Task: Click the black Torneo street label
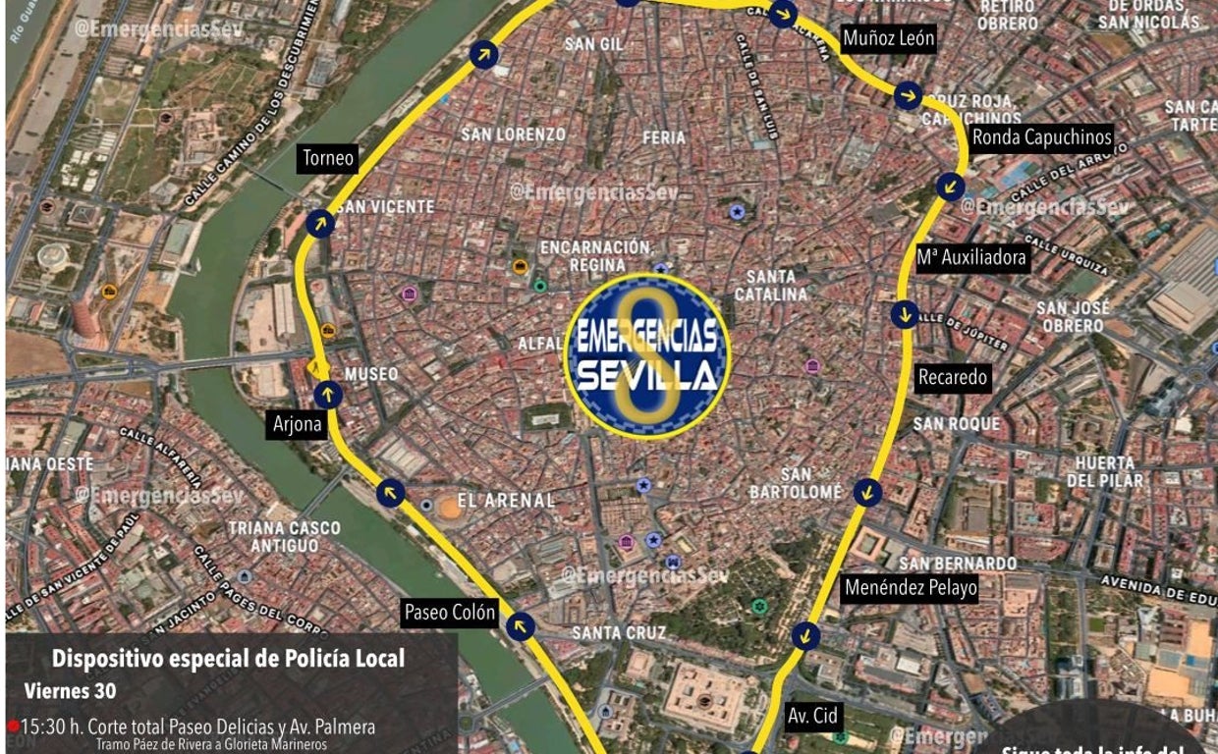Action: pyautogui.click(x=328, y=158)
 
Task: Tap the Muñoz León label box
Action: pyautogui.click(x=889, y=39)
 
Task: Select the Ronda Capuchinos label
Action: pyautogui.click(x=1041, y=137)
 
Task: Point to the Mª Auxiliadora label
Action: pyautogui.click(x=971, y=258)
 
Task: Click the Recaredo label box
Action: pyautogui.click(x=952, y=377)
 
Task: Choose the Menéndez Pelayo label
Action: pyautogui.click(x=911, y=588)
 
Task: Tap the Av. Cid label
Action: pyautogui.click(x=812, y=716)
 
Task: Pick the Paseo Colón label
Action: pyautogui.click(x=451, y=613)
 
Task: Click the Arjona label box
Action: pyautogui.click(x=298, y=425)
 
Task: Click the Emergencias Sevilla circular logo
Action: pyautogui.click(x=646, y=355)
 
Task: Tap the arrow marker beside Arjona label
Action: pyautogui.click(x=327, y=395)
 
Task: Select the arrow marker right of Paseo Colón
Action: pyautogui.click(x=521, y=625)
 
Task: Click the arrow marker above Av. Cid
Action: pyautogui.click(x=805, y=635)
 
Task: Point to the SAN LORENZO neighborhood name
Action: pyautogui.click(x=513, y=135)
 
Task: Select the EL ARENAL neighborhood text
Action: pyautogui.click(x=506, y=501)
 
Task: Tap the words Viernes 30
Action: pyautogui.click(x=70, y=691)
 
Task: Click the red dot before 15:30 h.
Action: pyautogui.click(x=13, y=727)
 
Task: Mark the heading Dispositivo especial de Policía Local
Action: pyautogui.click(x=228, y=659)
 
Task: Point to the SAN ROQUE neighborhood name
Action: pyautogui.click(x=956, y=424)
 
